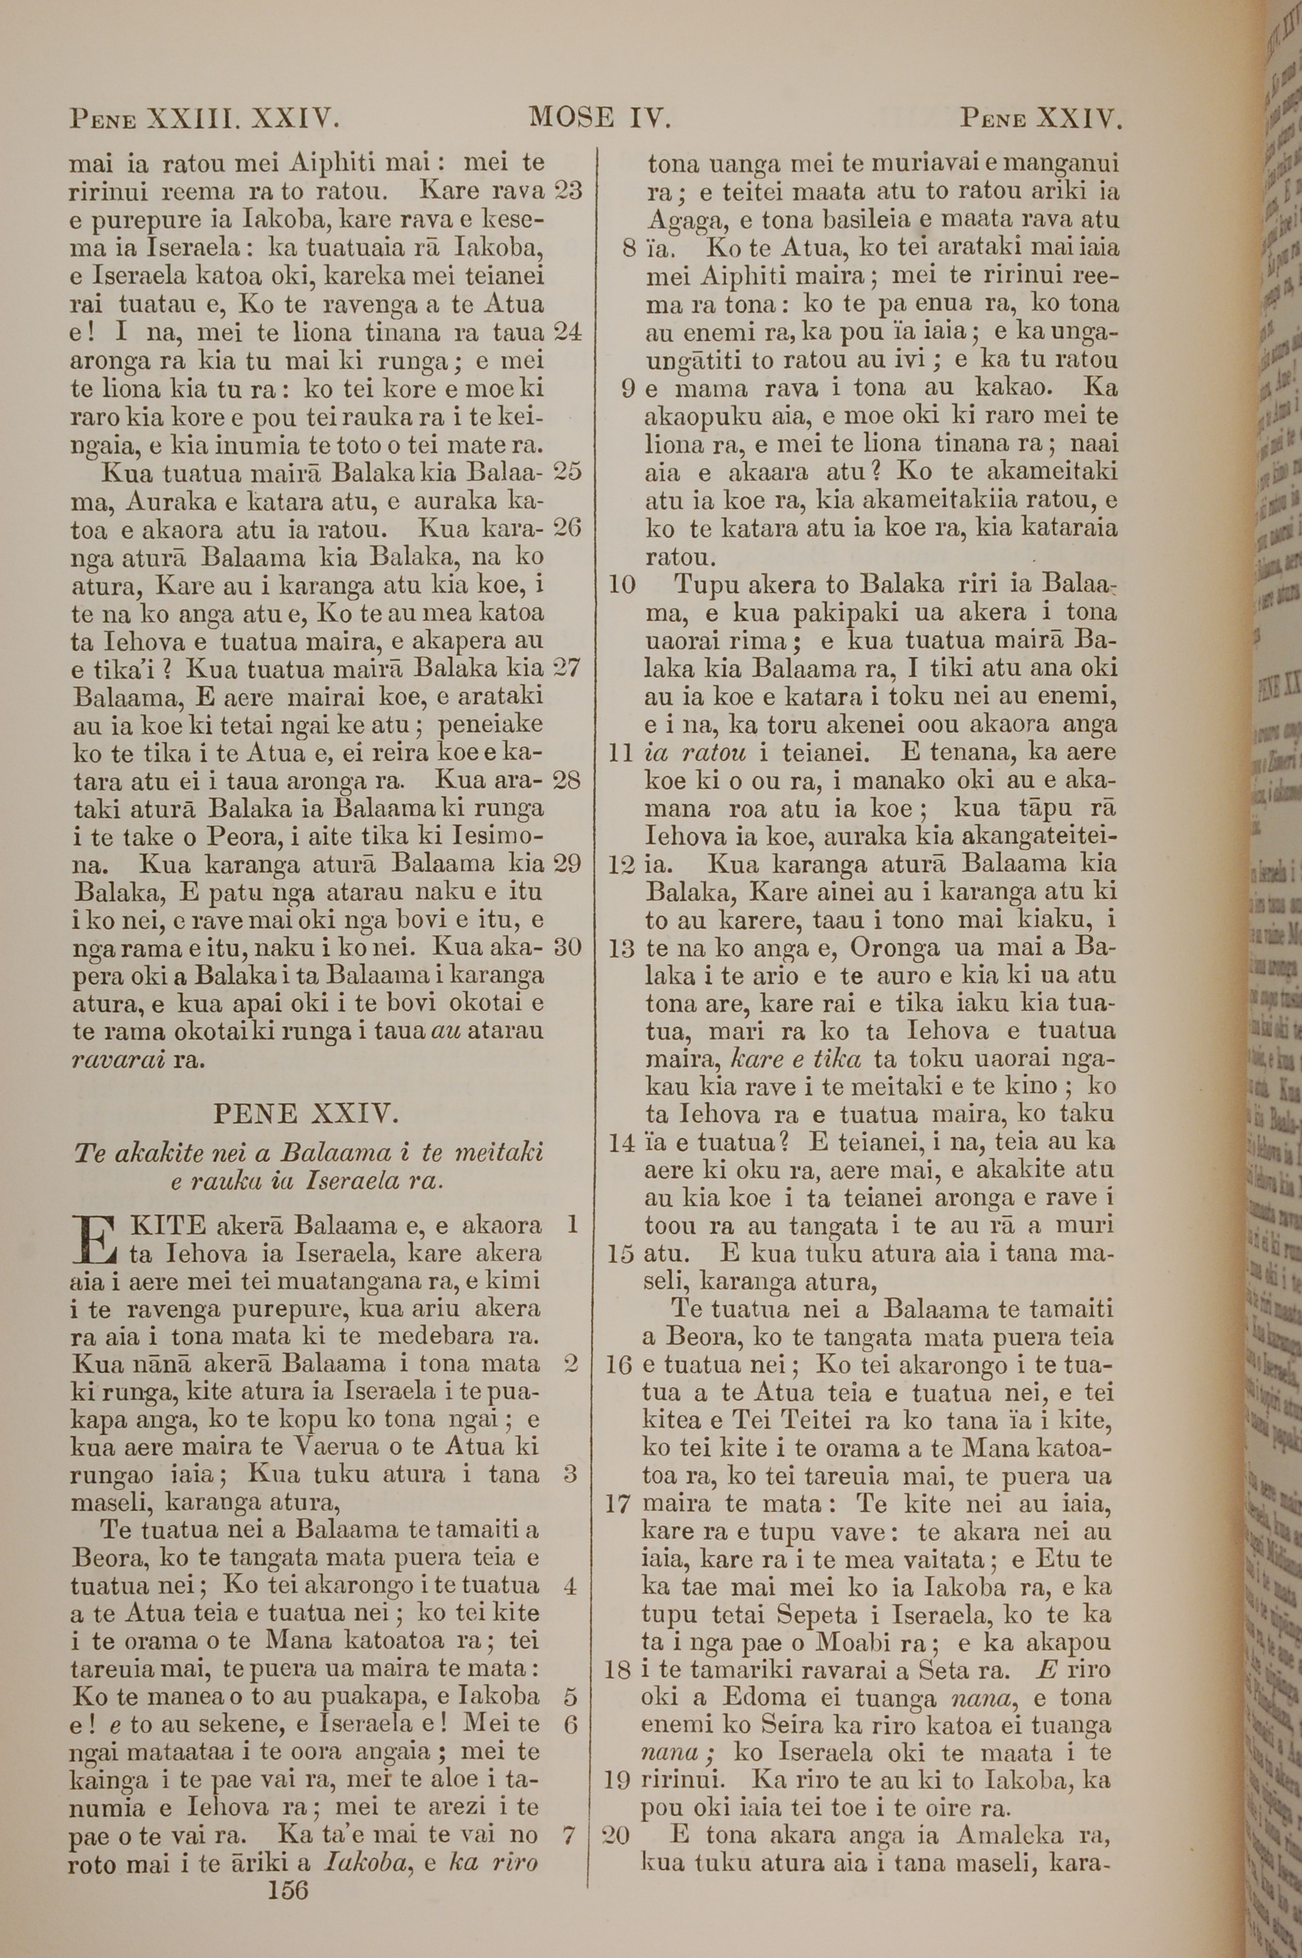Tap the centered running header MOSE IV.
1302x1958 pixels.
600,118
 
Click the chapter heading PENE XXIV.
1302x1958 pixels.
307,1113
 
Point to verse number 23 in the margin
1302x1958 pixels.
568,191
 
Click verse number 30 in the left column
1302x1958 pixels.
567,947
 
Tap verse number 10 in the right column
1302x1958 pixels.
623,585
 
